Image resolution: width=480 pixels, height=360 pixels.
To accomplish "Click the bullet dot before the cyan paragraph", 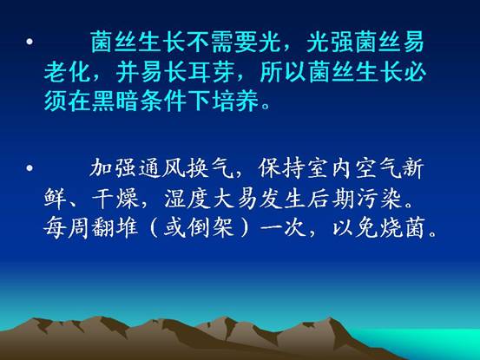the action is point(30,42).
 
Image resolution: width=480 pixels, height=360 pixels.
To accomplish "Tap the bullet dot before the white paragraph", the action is point(30,167).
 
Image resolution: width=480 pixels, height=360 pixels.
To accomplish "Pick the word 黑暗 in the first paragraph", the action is point(115,101).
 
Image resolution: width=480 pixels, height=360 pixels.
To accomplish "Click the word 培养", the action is point(235,101).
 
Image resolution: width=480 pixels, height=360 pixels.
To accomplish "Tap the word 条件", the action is point(163,101).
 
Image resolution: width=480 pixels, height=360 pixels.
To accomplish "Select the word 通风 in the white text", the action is point(163,167).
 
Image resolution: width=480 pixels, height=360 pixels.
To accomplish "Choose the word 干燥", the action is point(115,198).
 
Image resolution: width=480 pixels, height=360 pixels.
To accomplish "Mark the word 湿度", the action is point(187,198).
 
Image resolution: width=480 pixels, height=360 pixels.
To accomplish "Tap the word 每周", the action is point(67,228).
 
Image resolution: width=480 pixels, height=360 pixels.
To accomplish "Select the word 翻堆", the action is point(115,228).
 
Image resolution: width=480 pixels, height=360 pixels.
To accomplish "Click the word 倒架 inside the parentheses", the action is point(211,228).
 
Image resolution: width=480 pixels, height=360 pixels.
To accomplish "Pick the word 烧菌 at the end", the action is point(403,228).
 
